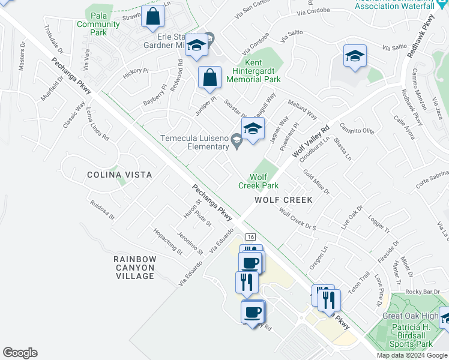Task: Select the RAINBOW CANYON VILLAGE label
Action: click(135, 268)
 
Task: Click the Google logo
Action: click(20, 353)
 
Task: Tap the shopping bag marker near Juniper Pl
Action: click(209, 78)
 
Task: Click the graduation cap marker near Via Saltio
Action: click(355, 56)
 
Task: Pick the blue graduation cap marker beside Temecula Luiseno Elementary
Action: click(253, 128)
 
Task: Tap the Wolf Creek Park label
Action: click(258, 181)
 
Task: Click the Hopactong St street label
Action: click(167, 241)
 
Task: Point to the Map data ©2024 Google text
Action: click(411, 355)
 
